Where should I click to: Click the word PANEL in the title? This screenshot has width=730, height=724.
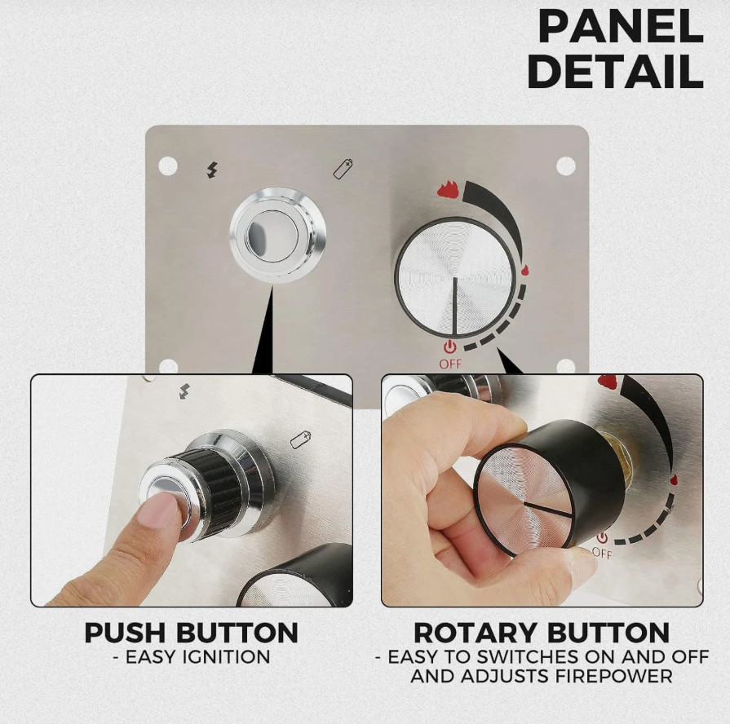click(x=621, y=27)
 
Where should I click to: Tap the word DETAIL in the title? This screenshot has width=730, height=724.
click(x=615, y=71)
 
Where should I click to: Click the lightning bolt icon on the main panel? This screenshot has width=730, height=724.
click(x=212, y=170)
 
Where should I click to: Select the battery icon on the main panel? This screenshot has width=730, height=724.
click(x=343, y=169)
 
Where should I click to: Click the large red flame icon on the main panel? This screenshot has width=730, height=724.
click(x=448, y=188)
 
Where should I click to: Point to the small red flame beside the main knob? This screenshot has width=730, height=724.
click(x=524, y=271)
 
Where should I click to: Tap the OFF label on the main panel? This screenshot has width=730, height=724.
click(x=450, y=364)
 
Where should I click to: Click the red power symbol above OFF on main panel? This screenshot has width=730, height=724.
click(x=449, y=347)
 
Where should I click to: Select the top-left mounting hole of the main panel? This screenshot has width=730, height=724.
click(x=168, y=166)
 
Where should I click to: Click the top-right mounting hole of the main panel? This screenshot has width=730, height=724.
click(x=566, y=166)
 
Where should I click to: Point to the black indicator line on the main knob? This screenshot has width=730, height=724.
click(x=454, y=306)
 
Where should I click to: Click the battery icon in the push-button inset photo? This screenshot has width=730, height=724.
click(x=300, y=439)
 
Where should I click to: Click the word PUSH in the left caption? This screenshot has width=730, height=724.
click(x=126, y=633)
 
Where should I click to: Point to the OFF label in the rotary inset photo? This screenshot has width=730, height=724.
click(x=602, y=554)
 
